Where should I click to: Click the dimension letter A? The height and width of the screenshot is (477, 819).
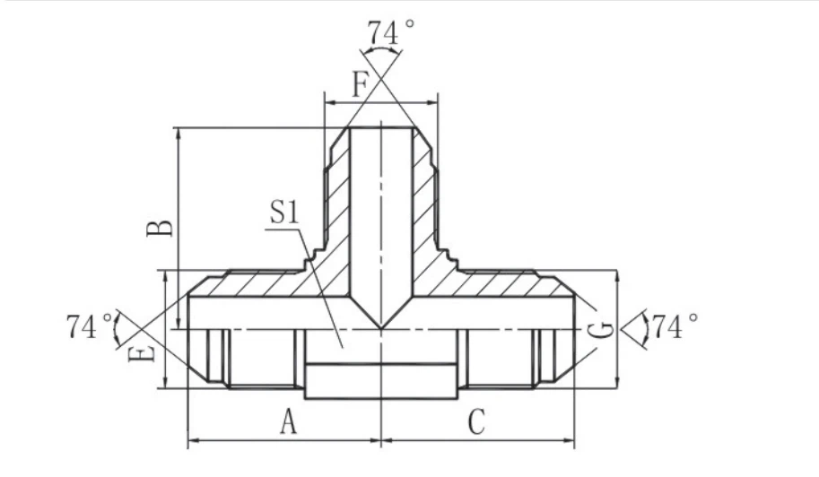tap(288, 420)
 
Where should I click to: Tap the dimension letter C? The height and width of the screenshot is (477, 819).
tap(476, 420)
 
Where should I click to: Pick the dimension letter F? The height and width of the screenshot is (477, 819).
tap(361, 85)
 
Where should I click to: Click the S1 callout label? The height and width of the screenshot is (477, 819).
tap(284, 212)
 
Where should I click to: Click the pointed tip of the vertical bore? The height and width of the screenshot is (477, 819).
tap(381, 326)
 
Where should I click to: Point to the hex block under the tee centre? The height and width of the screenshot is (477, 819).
tap(381, 380)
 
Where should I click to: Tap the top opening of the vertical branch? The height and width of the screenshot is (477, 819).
tap(381, 128)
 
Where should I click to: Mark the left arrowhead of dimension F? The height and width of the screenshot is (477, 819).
tap(327, 103)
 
